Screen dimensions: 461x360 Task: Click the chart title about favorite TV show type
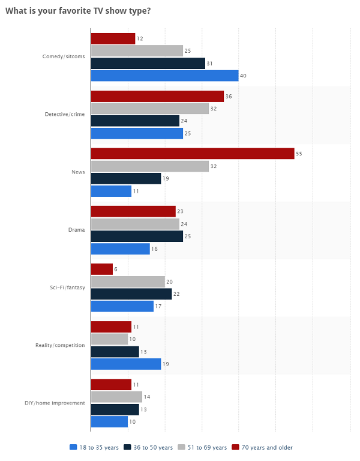point(78,10)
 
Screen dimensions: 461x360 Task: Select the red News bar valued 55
point(192,154)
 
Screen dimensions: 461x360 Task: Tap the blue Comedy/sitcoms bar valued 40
point(164,76)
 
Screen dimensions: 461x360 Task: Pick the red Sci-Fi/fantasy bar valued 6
point(101,269)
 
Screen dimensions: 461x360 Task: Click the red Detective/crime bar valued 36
point(157,96)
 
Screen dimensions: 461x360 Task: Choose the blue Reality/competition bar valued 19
point(126,364)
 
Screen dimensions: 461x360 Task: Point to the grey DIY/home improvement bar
point(116,397)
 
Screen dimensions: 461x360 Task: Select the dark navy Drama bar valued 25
point(137,236)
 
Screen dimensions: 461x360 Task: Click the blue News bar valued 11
point(111,191)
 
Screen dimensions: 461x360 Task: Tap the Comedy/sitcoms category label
point(64,56)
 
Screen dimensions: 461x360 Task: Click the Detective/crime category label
point(65,114)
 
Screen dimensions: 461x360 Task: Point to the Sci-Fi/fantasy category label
point(67,288)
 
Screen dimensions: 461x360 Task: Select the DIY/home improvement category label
point(59,403)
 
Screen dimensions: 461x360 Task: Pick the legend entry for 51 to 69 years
point(203,447)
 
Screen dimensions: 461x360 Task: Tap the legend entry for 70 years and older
point(263,447)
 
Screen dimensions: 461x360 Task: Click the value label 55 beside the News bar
point(299,154)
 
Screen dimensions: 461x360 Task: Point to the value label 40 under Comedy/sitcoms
point(243,76)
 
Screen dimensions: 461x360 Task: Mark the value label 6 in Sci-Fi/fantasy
point(116,270)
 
